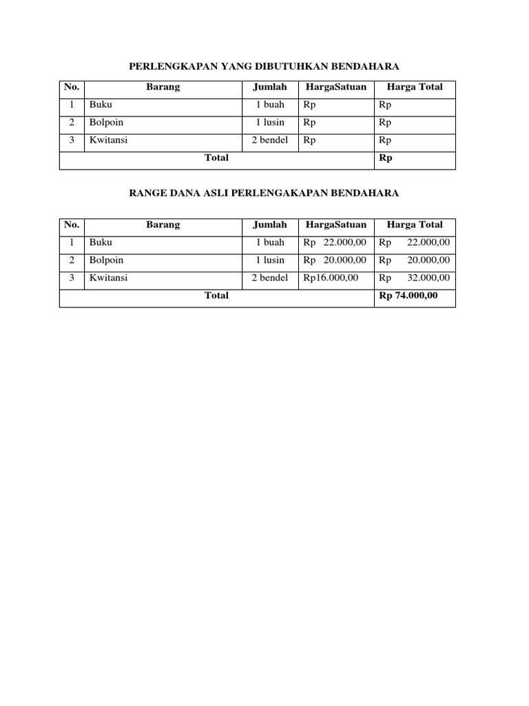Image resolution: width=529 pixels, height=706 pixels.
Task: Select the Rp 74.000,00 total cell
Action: point(408,296)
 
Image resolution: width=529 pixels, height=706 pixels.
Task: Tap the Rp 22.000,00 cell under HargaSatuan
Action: point(334,243)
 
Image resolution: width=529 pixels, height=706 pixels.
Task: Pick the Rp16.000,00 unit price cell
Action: point(330,278)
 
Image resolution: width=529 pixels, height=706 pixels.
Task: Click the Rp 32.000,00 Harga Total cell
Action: point(414,278)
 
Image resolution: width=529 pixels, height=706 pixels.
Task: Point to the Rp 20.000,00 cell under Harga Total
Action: point(414,261)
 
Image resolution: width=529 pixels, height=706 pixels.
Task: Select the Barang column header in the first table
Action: point(163,87)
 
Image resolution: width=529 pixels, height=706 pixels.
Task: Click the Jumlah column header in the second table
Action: point(270,225)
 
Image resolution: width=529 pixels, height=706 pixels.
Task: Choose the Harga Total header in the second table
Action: point(415,225)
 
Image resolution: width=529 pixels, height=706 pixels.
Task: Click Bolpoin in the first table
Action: point(107,123)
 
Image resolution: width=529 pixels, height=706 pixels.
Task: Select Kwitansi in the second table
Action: point(108,278)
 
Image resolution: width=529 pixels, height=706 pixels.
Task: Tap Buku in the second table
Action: point(101,243)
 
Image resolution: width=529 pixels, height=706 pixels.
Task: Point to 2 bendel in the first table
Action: point(270,140)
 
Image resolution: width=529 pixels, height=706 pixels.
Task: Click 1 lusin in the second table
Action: point(270,261)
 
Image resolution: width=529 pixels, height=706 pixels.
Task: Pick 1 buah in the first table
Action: point(270,105)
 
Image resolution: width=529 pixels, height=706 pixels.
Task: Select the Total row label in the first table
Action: point(216,158)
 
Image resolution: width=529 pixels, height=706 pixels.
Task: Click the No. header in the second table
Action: point(72,225)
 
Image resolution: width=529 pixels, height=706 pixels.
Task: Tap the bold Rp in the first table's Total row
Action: point(386,158)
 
